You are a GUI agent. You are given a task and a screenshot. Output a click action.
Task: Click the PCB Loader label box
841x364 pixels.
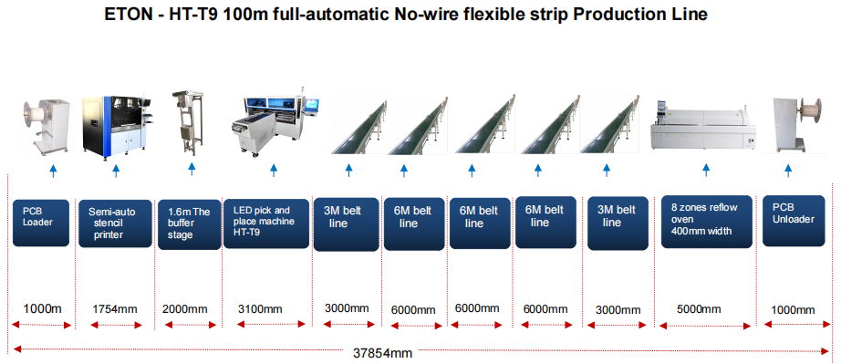click(x=41, y=223)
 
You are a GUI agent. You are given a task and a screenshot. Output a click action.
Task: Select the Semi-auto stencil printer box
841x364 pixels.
click(x=115, y=224)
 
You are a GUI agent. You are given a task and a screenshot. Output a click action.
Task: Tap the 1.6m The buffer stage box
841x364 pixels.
click(x=189, y=224)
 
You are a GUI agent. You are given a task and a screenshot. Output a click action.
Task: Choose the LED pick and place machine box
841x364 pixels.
click(x=266, y=224)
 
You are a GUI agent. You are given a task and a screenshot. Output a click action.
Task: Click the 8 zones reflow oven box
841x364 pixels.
click(x=706, y=222)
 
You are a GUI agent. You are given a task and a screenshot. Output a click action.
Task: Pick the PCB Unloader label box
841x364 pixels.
click(x=794, y=221)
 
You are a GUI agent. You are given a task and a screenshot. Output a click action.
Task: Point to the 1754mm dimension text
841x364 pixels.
click(x=115, y=309)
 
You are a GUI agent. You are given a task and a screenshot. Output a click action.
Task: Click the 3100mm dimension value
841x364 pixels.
click(x=260, y=309)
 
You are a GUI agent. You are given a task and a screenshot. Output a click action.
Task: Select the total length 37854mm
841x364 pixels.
click(x=382, y=353)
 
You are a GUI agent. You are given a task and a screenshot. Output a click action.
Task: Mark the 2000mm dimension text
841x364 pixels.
click(x=184, y=309)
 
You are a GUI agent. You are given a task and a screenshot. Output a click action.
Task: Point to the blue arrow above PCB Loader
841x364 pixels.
click(x=53, y=171)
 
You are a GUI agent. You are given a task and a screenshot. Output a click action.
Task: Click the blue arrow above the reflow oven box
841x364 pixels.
click(x=706, y=170)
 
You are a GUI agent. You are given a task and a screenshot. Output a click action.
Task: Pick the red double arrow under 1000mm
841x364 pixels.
click(x=796, y=324)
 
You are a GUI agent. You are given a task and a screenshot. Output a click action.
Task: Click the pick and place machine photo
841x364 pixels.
click(x=275, y=124)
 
